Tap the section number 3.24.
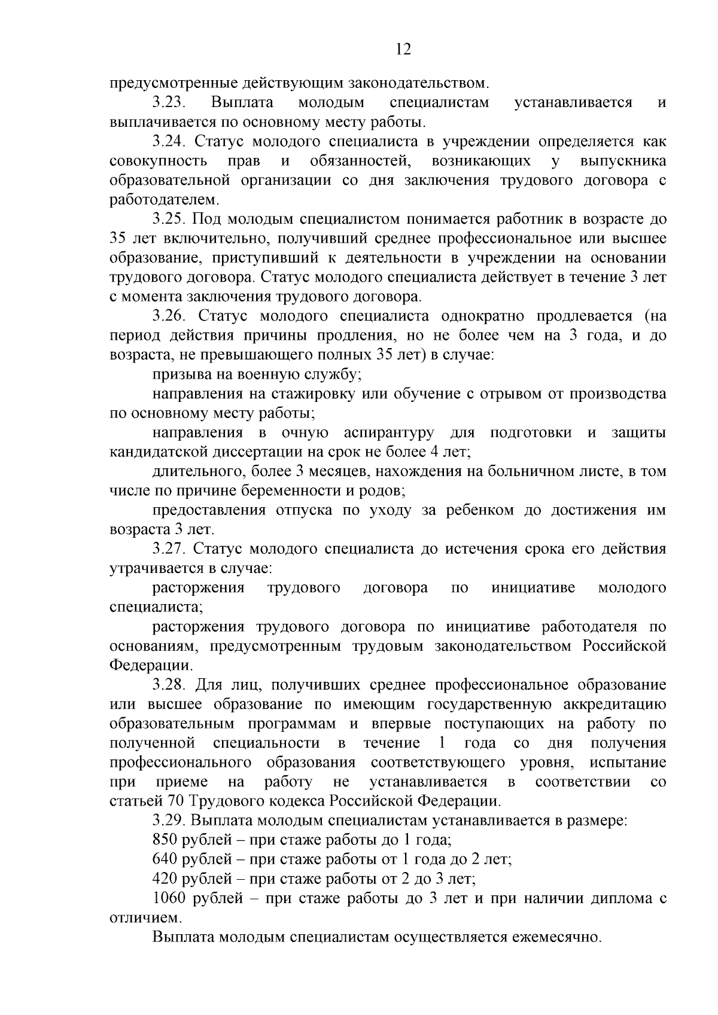[170, 142]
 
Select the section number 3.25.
[170, 219]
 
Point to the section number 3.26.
[170, 316]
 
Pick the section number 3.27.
[170, 548]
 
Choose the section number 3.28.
[170, 684]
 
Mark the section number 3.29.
[170, 820]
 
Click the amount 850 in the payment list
[165, 840]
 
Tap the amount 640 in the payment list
[165, 859]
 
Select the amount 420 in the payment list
[165, 879]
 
